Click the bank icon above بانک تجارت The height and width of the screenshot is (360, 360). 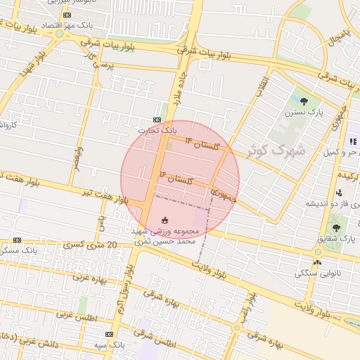(157, 120)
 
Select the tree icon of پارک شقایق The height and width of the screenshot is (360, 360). (336, 227)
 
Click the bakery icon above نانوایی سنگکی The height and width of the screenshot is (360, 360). (318, 262)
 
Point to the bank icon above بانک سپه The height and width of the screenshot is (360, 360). (109, 334)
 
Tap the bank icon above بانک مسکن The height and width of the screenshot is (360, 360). (17, 240)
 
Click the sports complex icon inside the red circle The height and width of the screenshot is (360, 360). (165, 220)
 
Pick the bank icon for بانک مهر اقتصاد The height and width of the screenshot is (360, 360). (67, 15)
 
